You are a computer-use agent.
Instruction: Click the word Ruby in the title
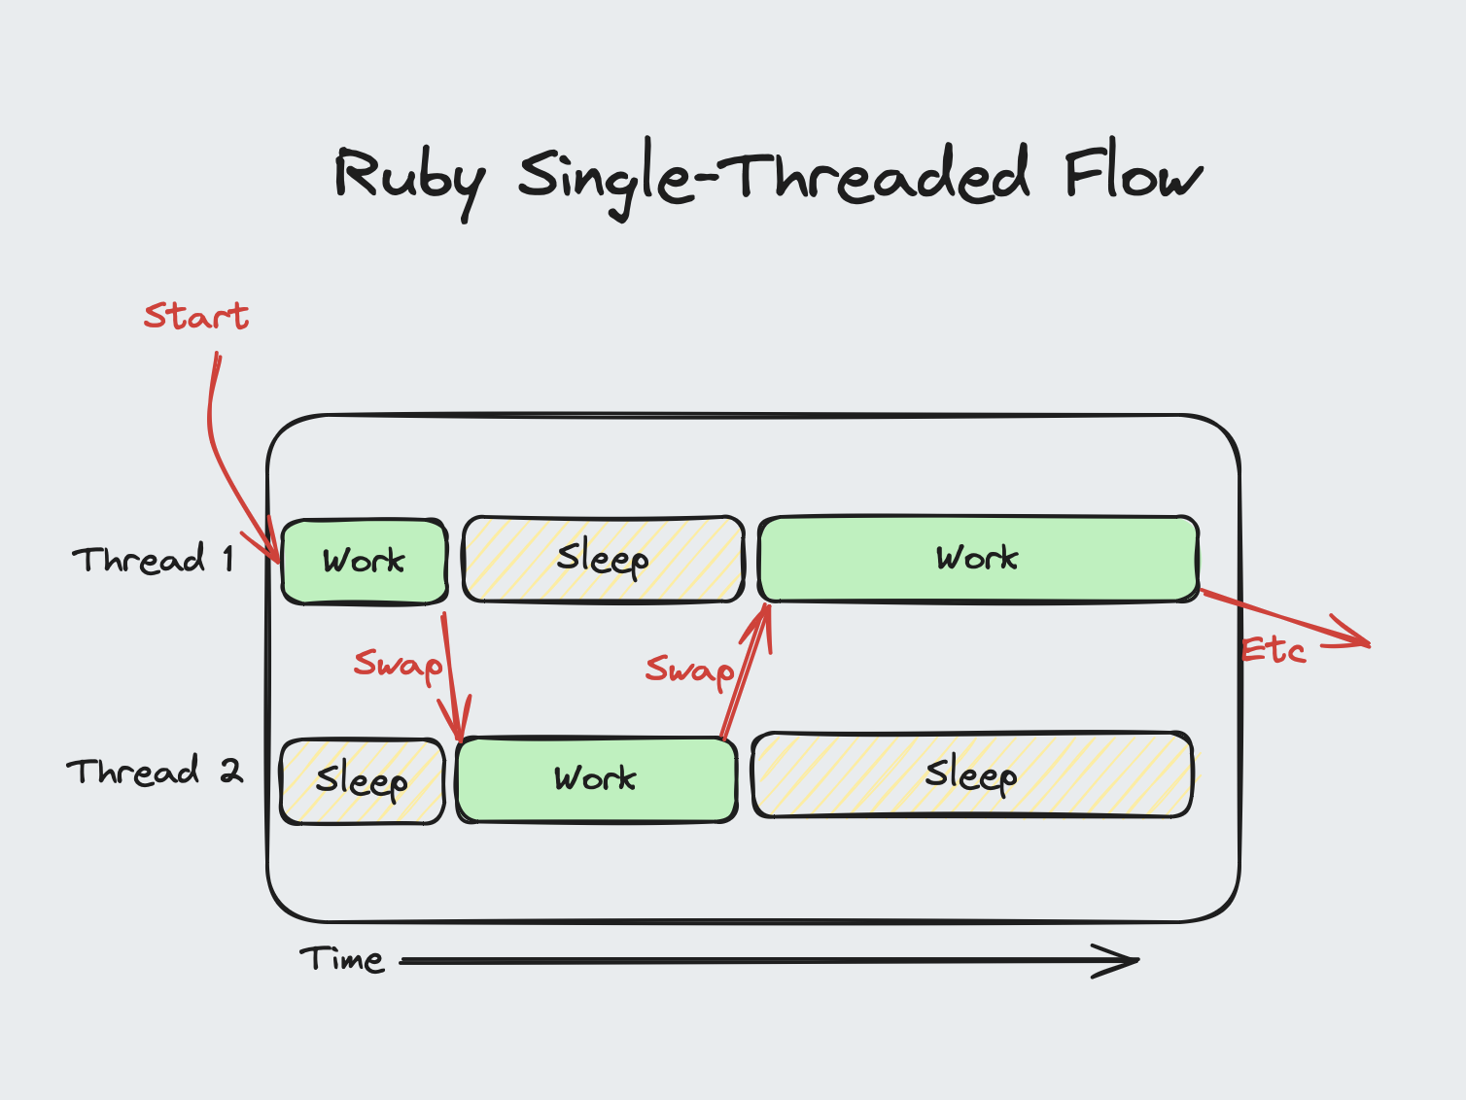coord(408,179)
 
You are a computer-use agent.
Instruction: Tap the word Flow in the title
coord(1133,175)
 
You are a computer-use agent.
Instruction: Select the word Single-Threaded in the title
coord(773,177)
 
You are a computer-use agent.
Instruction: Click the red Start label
coord(196,316)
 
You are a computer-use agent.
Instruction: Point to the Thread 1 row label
coord(153,560)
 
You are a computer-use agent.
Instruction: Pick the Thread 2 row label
coord(154,772)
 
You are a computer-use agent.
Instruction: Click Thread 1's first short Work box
coord(365,561)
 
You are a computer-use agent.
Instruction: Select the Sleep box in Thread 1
coord(603,559)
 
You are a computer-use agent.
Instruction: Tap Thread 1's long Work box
coord(978,559)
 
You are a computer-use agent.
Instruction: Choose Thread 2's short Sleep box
coord(362,780)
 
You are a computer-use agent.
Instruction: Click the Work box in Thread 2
coord(596,779)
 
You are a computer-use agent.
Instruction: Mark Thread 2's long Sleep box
coord(972,774)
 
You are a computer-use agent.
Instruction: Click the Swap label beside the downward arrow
coord(398,665)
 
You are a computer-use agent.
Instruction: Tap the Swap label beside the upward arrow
coord(689,670)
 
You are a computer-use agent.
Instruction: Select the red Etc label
coord(1274,650)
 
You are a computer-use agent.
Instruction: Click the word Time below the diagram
coord(341,960)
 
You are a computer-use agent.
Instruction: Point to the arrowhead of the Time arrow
coord(1128,961)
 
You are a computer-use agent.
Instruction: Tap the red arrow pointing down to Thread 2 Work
coord(451,680)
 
